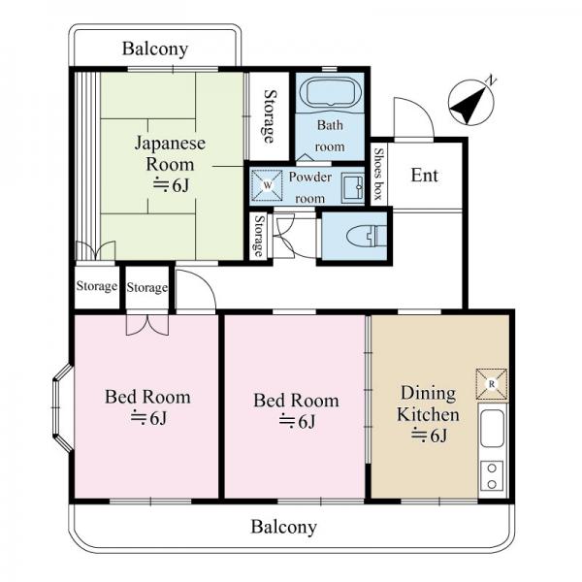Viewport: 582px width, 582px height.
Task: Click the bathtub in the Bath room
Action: tap(330, 93)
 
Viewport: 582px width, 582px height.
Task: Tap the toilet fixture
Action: tap(367, 236)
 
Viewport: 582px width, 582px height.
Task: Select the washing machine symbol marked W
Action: tap(268, 185)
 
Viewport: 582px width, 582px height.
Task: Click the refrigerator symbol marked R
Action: tap(492, 384)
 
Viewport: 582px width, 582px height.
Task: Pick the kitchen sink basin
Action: tap(492, 429)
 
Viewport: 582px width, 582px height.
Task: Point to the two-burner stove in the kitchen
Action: tap(492, 476)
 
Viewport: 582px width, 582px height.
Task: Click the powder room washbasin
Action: tap(352, 187)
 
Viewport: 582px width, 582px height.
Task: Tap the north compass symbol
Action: tap(471, 102)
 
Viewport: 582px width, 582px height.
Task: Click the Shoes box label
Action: tap(378, 174)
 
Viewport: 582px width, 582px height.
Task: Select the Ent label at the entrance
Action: tap(425, 176)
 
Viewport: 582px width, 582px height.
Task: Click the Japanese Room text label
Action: tap(170, 153)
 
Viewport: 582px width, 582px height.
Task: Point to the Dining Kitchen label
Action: tap(428, 404)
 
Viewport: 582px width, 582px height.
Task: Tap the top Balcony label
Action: tap(155, 49)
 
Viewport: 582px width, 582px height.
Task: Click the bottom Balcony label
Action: tap(284, 527)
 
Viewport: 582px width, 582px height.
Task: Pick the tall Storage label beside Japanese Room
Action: tap(270, 116)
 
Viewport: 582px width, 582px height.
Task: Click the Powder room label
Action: tap(310, 187)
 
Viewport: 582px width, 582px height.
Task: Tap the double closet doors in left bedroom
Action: tap(147, 325)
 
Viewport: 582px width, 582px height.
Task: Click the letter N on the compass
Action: tap(492, 81)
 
